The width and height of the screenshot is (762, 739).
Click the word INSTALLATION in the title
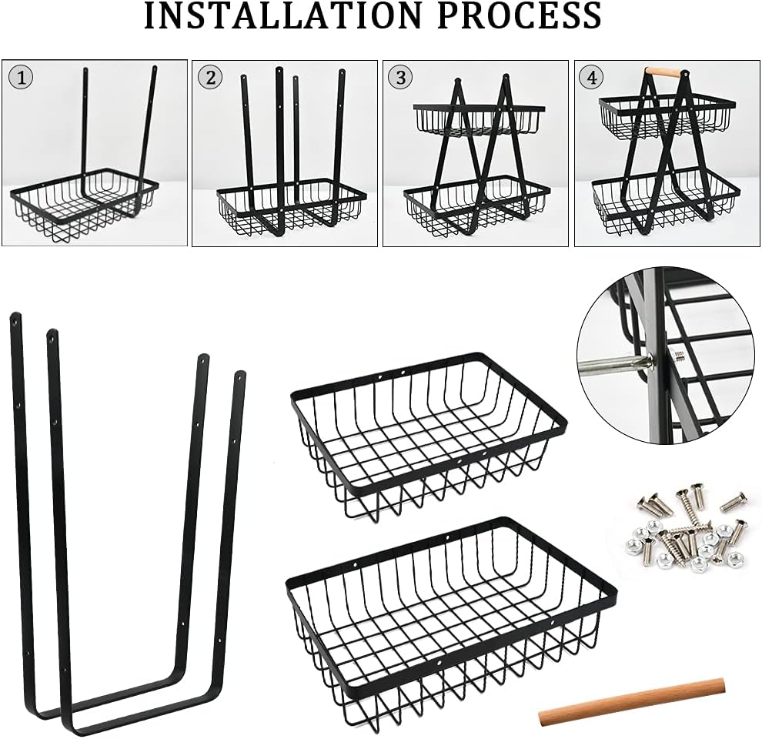[282, 15]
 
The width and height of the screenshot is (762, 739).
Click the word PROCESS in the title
[520, 15]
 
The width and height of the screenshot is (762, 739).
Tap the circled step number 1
[21, 78]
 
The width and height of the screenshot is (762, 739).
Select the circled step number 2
[210, 77]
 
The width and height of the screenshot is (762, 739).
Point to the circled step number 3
[401, 77]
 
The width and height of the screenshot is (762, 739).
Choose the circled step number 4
[592, 77]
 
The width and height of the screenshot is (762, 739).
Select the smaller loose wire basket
[429, 436]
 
